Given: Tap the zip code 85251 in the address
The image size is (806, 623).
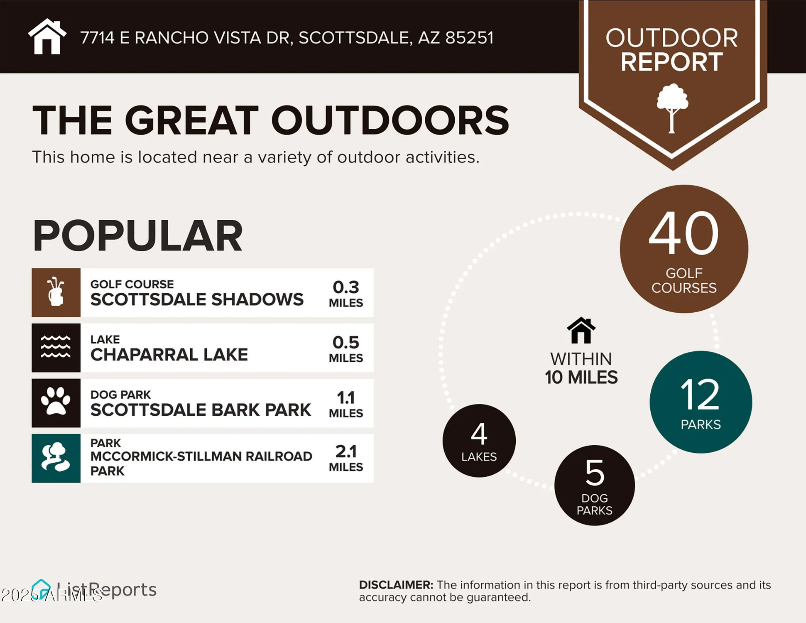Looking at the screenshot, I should (469, 38).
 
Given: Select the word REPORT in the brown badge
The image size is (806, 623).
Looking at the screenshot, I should (671, 62).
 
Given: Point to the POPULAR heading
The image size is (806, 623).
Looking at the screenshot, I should (137, 235).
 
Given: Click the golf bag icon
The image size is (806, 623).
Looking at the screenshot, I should (56, 292).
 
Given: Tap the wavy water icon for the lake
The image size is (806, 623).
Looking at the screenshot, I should (56, 347).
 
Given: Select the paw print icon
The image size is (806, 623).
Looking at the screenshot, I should (56, 402).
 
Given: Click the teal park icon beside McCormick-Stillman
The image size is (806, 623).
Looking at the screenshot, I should (56, 458).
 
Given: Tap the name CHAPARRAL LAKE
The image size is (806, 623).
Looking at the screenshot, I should (169, 355).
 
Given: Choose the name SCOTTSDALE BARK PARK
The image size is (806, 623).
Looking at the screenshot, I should (201, 410).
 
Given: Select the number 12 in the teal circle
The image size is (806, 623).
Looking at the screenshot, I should (700, 395).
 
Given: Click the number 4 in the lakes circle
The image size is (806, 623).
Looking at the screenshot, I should (479, 434).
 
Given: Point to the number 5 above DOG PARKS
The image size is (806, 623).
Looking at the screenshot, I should (594, 473).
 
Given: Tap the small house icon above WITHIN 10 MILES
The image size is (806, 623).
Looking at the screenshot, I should (581, 331).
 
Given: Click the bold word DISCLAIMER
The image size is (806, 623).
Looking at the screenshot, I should (396, 585).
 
